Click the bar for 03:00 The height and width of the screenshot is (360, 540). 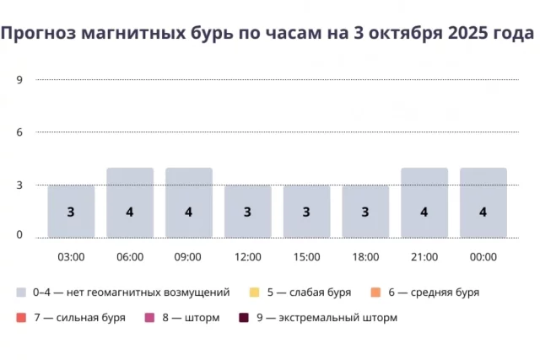[71, 211]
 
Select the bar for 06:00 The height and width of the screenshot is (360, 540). [130, 202]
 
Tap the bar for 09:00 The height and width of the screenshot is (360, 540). [188, 202]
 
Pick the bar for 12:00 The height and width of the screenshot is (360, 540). [247, 211]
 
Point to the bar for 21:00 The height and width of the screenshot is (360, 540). [424, 202]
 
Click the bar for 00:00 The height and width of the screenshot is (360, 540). [483, 202]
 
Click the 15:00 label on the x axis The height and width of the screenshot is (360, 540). [306, 256]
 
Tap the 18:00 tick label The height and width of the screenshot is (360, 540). [365, 256]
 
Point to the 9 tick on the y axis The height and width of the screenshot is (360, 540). [19, 79]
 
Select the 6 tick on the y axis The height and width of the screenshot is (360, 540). [19, 132]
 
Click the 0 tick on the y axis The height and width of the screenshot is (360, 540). [19, 234]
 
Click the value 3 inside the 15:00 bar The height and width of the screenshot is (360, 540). [306, 212]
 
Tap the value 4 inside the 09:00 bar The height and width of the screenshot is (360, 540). [188, 212]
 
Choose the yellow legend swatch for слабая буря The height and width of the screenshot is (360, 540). [254, 293]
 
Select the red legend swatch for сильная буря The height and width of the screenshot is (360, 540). [21, 318]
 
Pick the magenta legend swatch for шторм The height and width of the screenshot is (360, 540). [149, 318]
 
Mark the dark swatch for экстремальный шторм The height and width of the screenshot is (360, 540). [244, 318]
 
